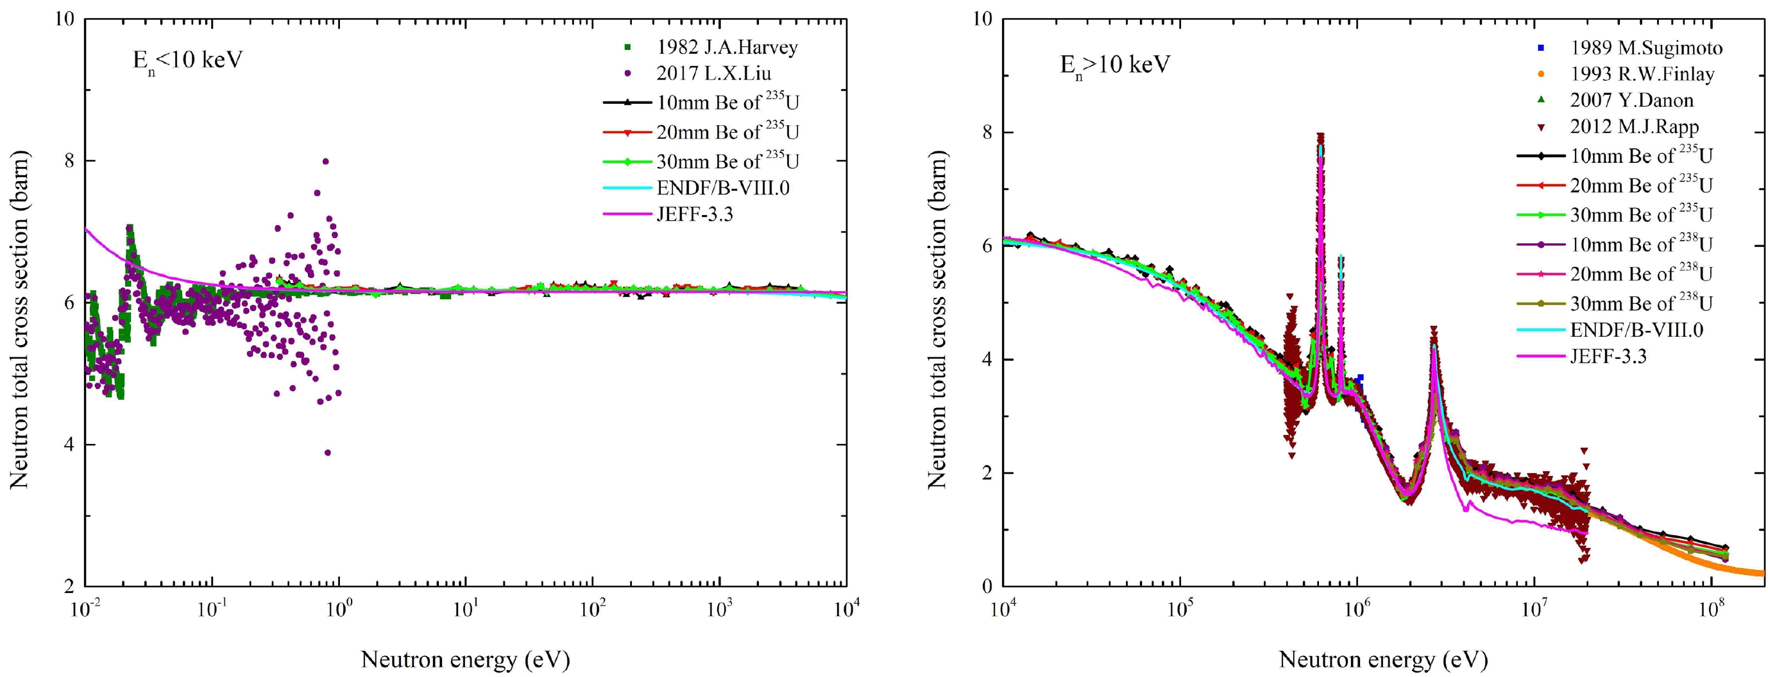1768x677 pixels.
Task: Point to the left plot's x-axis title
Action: click(x=465, y=660)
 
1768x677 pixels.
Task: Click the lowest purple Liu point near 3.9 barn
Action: click(x=327, y=452)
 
